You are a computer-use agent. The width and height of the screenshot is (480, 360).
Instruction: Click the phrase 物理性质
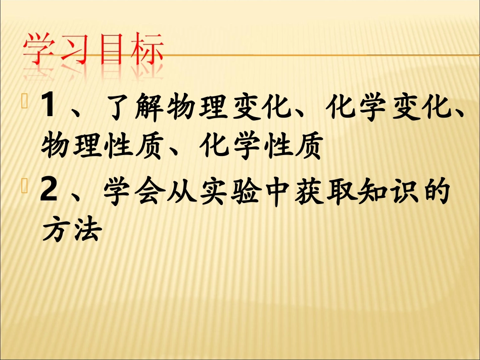(104, 147)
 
